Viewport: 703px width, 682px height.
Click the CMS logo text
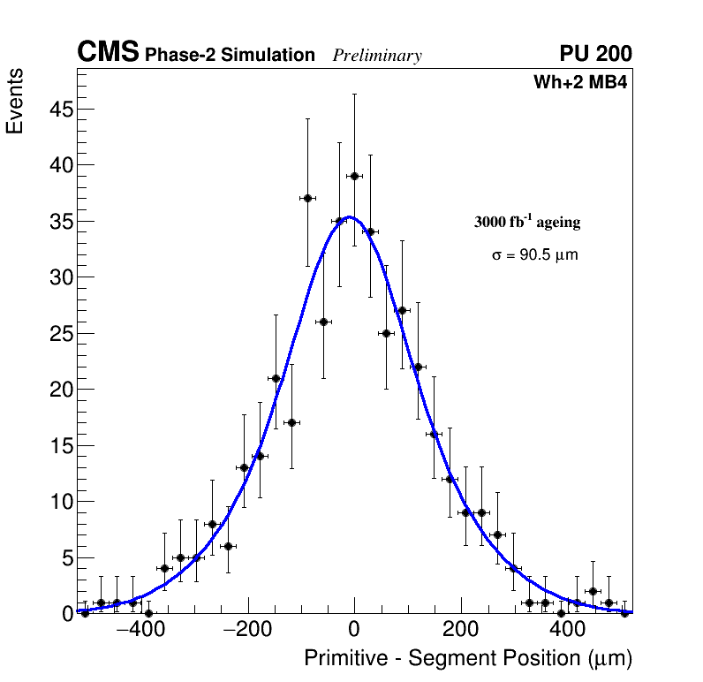tap(108, 53)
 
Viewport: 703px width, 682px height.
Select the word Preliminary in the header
tap(377, 56)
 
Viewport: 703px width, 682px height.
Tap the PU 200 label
tap(595, 54)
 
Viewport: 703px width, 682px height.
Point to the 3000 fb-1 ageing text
tap(527, 222)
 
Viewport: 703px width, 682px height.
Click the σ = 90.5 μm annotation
tap(535, 255)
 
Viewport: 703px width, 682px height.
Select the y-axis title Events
tap(15, 101)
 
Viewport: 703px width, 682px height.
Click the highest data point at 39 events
tap(354, 176)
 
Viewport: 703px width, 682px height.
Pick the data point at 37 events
tap(307, 198)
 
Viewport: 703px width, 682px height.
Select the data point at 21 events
tap(276, 378)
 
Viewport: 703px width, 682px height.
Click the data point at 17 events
tap(291, 422)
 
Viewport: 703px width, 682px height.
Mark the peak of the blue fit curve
tap(350, 216)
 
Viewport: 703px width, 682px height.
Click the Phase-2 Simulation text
tap(230, 56)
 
